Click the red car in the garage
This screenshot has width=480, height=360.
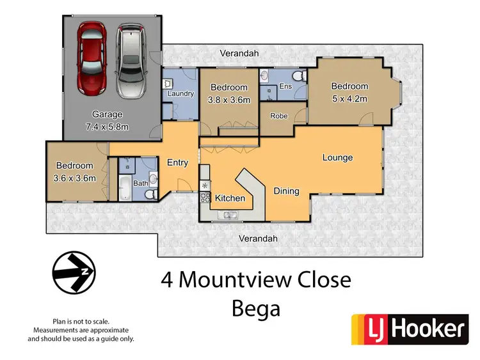point(91,58)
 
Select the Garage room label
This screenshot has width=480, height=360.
point(107,115)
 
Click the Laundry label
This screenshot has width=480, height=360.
point(180,94)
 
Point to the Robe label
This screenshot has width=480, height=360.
point(278,116)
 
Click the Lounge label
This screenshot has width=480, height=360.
point(337,157)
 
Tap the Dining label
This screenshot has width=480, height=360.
point(286,191)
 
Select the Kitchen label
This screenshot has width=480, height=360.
point(229,198)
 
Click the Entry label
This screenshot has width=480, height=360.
point(177,162)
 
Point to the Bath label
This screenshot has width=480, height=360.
point(140,184)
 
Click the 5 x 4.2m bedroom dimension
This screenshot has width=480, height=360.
point(349,99)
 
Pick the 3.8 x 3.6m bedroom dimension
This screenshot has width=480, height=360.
point(229,99)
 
